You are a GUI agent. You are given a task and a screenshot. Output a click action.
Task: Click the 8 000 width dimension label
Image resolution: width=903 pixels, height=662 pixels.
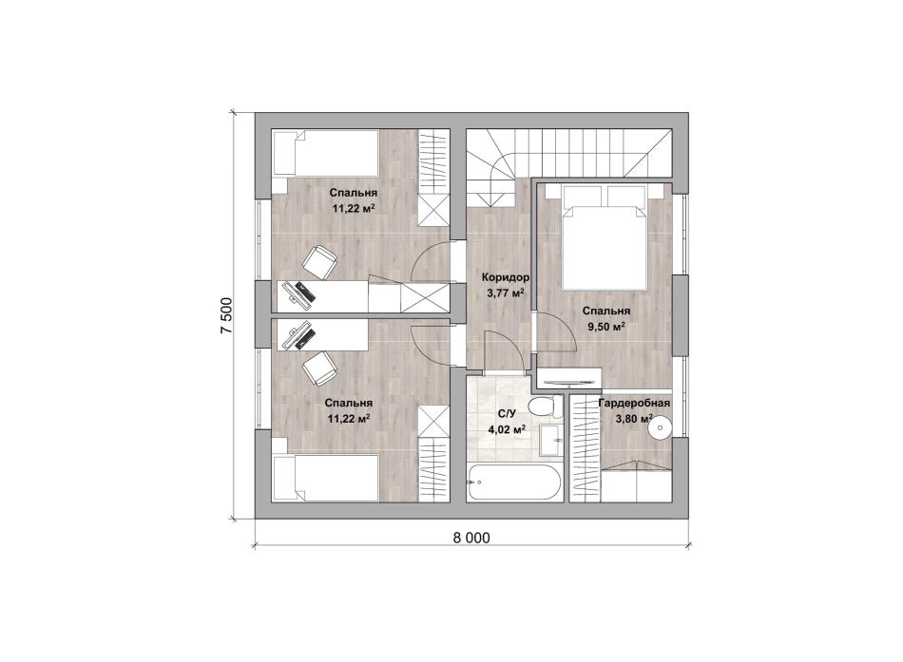point(471,538)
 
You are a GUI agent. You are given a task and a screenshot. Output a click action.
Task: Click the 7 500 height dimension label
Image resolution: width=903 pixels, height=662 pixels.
point(226,315)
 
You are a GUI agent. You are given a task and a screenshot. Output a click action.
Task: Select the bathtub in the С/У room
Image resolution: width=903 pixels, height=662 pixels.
point(511,482)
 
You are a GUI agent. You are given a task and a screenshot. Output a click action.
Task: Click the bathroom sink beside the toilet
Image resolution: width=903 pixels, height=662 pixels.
point(551,442)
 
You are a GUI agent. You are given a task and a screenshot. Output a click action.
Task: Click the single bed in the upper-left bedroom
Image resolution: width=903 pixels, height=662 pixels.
point(325,153)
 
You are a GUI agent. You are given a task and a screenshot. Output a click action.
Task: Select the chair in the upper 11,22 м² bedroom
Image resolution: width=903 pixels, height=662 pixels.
point(318,262)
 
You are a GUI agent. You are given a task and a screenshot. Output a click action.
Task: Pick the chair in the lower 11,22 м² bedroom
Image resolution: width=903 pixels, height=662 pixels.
point(318,369)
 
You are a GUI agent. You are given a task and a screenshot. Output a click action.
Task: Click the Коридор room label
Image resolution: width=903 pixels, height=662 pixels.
point(506,277)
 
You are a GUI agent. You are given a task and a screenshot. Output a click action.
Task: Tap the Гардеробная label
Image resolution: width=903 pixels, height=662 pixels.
point(634,403)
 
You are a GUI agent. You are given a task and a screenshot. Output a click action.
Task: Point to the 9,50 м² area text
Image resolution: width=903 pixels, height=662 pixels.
point(606,327)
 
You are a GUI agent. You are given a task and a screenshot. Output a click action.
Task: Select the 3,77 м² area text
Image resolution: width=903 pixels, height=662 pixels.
point(505,293)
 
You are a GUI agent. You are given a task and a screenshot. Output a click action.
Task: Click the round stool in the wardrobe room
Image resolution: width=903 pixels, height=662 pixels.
point(661,429)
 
